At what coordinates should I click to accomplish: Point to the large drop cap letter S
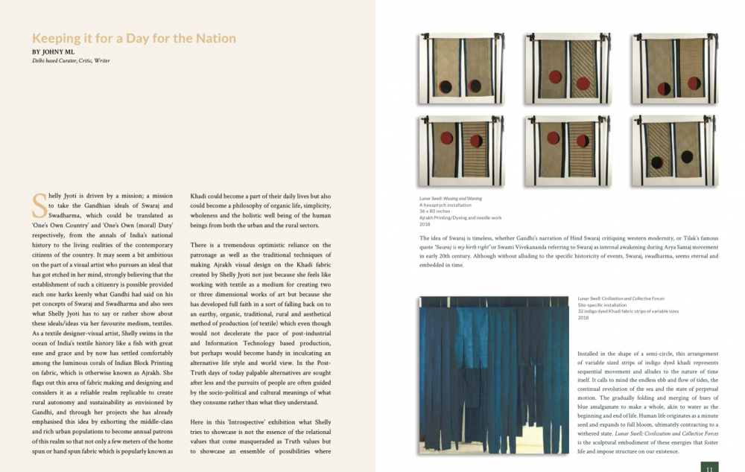point(39,202)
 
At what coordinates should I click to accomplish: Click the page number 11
point(709,468)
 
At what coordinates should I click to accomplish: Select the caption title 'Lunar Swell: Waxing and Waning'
point(449,199)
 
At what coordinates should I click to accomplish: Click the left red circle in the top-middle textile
point(554,76)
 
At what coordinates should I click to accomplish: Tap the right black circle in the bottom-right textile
point(686,156)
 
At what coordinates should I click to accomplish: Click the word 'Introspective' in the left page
point(247,421)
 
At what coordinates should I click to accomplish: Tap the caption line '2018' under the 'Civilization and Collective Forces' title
point(583,318)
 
